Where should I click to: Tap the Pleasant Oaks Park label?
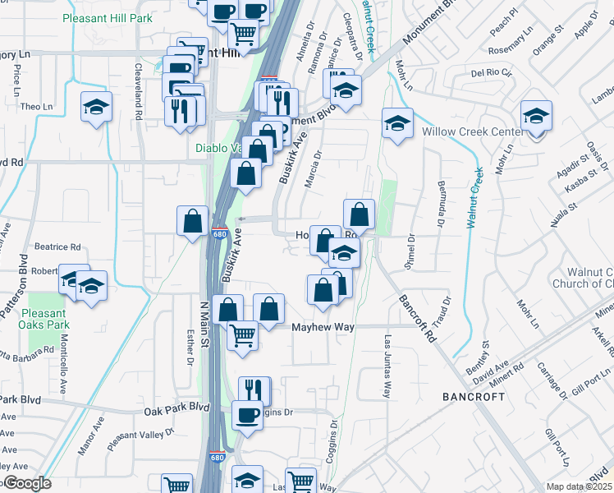point(43,318)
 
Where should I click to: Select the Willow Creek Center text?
point(472,131)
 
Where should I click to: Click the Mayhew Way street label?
point(324,327)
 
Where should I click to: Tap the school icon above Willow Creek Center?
point(536,116)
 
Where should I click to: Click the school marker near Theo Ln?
point(97,107)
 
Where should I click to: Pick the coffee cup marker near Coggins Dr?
point(248,416)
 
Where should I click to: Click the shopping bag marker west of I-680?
point(192,220)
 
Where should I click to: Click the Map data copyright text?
point(580,486)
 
